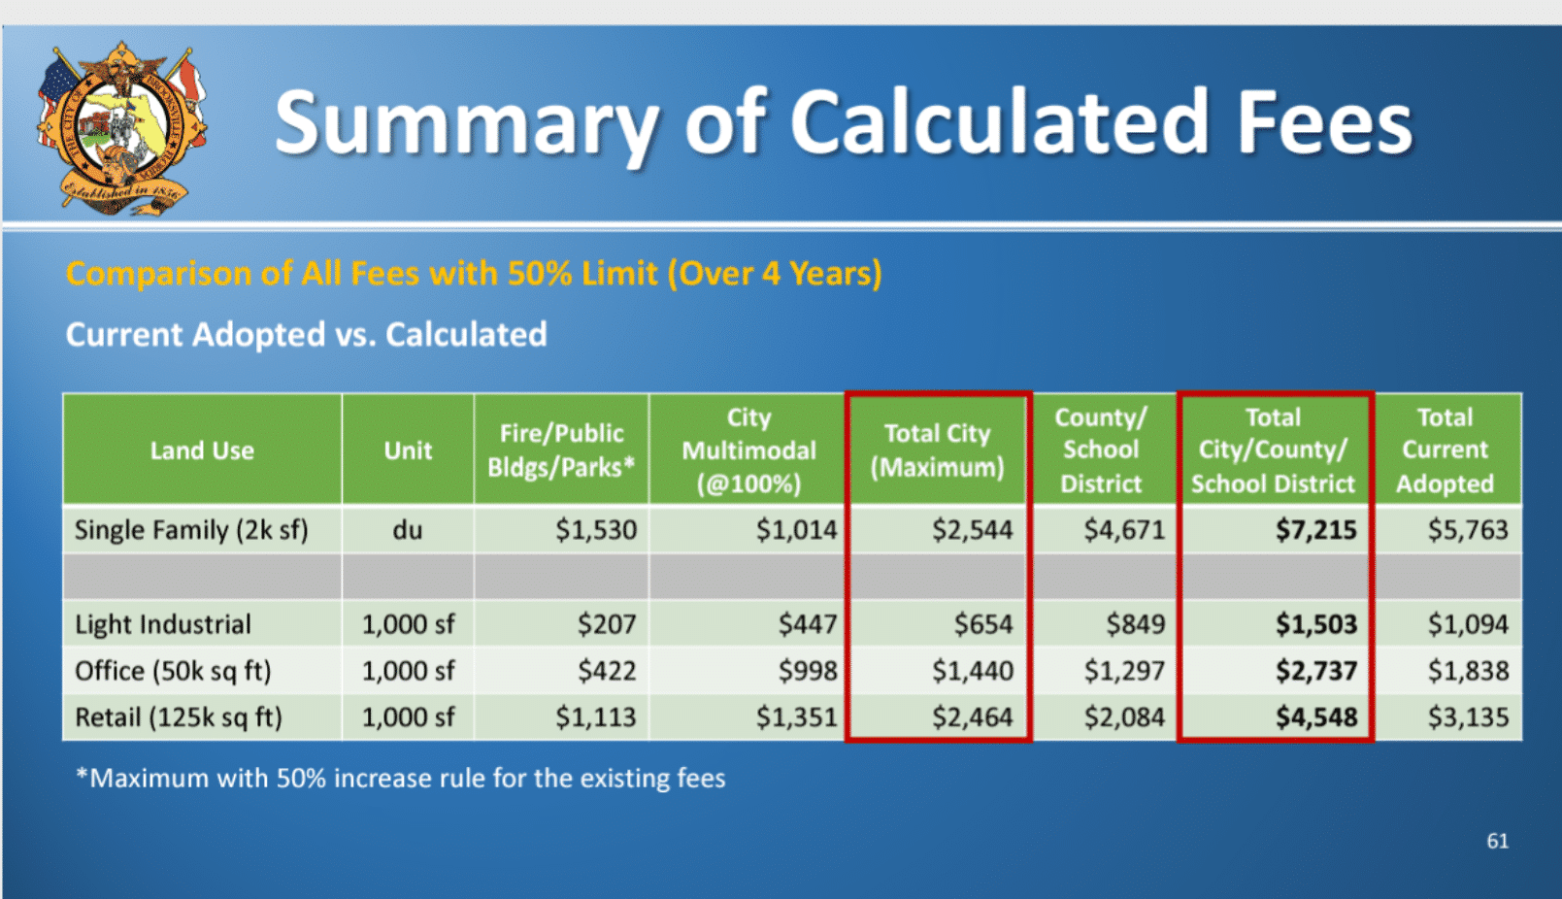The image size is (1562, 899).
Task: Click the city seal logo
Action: (x=122, y=128)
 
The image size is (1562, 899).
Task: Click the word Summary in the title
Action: (x=467, y=125)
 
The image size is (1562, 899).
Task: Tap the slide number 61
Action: (x=1497, y=841)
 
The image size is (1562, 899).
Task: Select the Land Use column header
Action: (x=202, y=450)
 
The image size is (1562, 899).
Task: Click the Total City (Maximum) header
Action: (x=937, y=450)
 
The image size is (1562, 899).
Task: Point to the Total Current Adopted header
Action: (x=1445, y=450)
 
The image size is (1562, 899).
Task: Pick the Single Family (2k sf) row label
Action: (x=191, y=530)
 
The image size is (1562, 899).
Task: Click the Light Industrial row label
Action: (x=163, y=624)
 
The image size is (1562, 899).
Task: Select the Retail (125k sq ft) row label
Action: (x=179, y=717)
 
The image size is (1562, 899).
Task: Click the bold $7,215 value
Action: (x=1316, y=530)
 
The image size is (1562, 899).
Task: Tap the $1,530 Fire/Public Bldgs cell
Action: (x=596, y=530)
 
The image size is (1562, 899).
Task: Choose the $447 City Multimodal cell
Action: (x=808, y=624)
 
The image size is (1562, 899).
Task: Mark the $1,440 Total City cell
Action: (x=973, y=671)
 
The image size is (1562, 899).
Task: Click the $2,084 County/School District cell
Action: (x=1124, y=717)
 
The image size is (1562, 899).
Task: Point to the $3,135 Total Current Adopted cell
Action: (x=1468, y=717)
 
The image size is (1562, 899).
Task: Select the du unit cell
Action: (x=408, y=530)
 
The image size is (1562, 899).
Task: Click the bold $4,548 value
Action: (x=1316, y=717)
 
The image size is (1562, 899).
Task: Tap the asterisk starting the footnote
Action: (x=83, y=774)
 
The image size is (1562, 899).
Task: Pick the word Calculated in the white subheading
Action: (x=467, y=335)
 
